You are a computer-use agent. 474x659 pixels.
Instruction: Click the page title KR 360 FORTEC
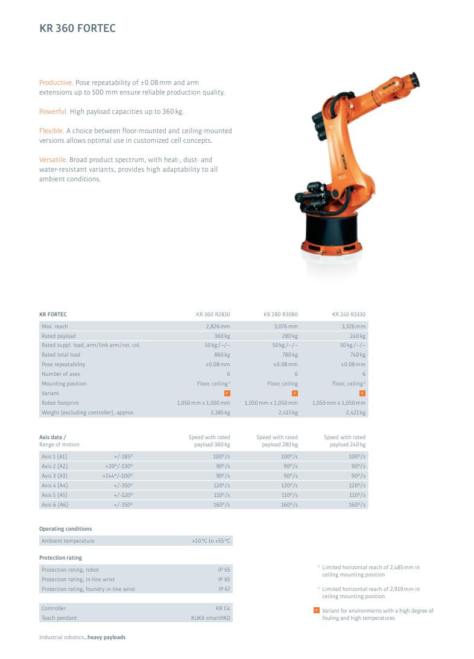tap(77, 28)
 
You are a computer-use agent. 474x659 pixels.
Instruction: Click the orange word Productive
tap(55, 82)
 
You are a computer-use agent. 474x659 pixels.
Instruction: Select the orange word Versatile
tap(53, 160)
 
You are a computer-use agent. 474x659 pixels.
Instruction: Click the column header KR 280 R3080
tap(280, 314)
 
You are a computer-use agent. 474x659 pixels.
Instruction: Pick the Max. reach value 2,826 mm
tap(218, 326)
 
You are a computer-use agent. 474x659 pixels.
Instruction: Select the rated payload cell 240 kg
tap(358, 336)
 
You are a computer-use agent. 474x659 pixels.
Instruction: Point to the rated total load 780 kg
tap(289, 355)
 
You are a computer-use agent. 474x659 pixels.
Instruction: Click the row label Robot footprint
tap(60, 402)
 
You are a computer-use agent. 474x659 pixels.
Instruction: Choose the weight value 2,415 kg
tap(288, 413)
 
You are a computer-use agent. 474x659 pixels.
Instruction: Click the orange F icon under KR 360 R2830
tap(227, 393)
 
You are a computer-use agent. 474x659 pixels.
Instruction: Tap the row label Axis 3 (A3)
tap(54, 476)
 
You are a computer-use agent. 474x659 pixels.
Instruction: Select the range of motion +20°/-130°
tap(119, 466)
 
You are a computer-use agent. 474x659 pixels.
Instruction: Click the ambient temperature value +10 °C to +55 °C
tap(210, 541)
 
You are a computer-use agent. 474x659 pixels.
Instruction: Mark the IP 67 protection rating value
tap(224, 589)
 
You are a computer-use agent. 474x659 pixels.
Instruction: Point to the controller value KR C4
tap(223, 608)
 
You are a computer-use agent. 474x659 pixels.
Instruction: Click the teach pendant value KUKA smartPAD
tap(211, 618)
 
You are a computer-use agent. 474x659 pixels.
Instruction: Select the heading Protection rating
tap(60, 558)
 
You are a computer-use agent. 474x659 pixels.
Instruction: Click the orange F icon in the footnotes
tap(317, 611)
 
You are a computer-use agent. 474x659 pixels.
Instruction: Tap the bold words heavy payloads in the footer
tap(107, 637)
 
